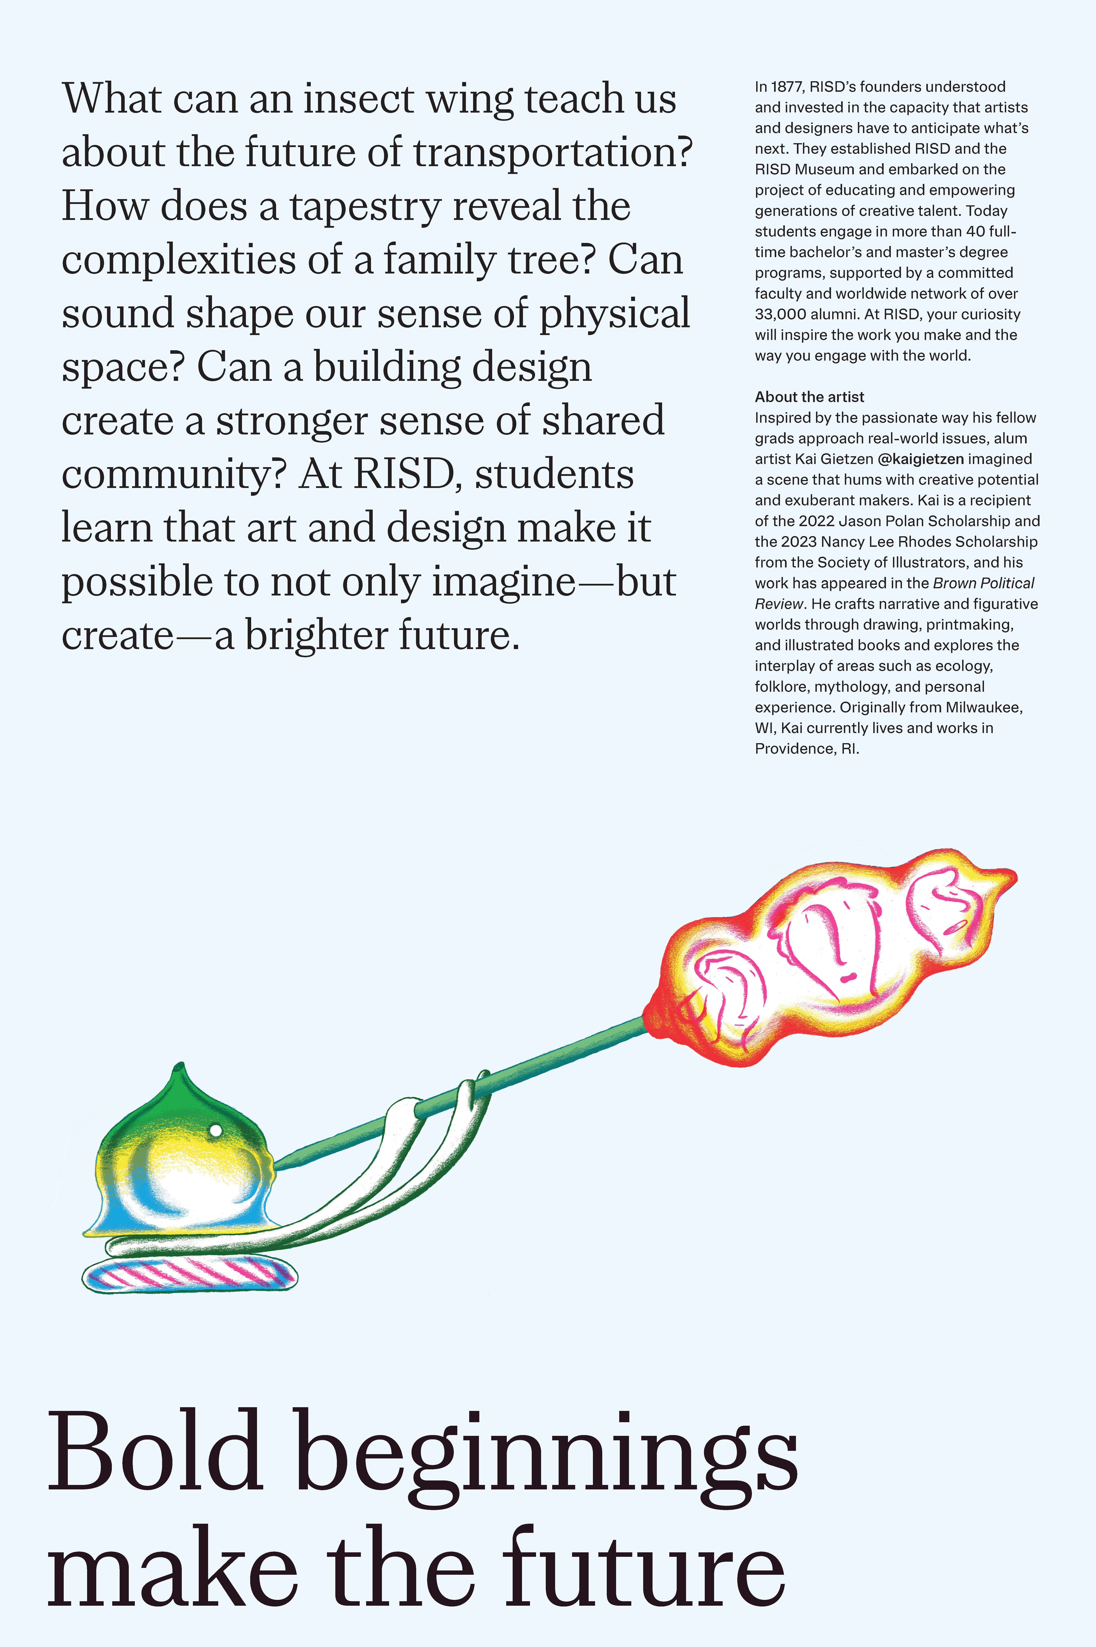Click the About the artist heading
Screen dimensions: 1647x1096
tap(809, 397)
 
